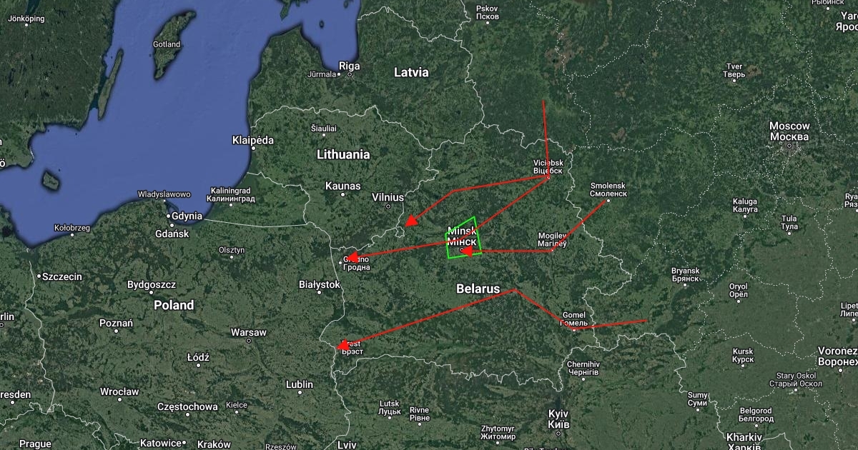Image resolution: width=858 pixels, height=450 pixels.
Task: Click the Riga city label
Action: click(x=349, y=66)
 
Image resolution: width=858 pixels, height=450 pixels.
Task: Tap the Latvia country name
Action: click(x=411, y=72)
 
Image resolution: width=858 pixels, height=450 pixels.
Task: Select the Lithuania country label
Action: click(x=343, y=154)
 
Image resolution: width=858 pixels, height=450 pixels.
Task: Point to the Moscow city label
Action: click(x=789, y=131)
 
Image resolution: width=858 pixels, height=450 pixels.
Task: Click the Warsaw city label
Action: click(x=248, y=333)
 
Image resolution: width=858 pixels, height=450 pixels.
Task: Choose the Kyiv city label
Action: click(x=558, y=419)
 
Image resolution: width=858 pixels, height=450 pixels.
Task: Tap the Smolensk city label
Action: click(x=608, y=189)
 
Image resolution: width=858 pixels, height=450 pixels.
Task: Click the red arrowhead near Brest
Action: click(x=344, y=345)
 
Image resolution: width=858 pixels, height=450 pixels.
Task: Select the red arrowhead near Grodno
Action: click(x=352, y=256)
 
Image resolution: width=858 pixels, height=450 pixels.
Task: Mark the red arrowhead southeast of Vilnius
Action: click(x=410, y=221)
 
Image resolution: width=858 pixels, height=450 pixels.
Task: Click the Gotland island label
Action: click(x=166, y=44)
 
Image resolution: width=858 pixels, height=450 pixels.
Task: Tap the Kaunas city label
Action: click(x=342, y=186)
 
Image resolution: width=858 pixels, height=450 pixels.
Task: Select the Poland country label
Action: click(x=174, y=305)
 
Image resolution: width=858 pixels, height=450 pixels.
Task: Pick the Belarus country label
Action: click(x=478, y=289)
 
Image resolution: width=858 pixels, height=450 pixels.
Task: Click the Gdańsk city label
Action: click(x=171, y=234)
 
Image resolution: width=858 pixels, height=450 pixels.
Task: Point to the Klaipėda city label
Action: click(x=253, y=140)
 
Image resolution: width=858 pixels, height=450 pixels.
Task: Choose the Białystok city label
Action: click(x=319, y=284)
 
